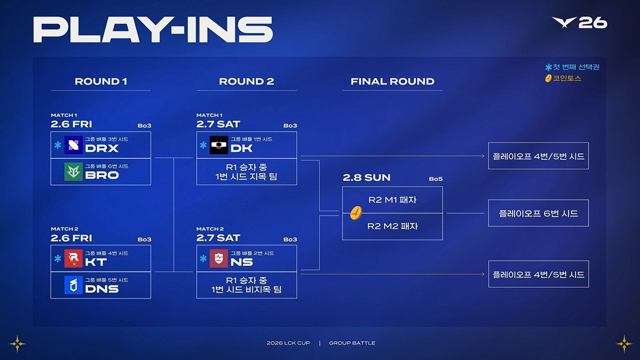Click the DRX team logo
74,145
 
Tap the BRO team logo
74,172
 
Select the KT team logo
74,259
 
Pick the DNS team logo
74,285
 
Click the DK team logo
219,145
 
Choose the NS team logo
219,259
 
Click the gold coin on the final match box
356,213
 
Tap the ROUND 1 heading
101,82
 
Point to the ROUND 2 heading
246,82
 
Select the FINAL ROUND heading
393,82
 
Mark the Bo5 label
436,179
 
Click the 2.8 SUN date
366,178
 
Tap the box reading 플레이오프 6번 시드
538,213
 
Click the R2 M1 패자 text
393,200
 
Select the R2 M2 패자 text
393,226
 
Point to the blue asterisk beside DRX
58,145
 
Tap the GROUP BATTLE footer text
352,343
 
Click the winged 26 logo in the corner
580,23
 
